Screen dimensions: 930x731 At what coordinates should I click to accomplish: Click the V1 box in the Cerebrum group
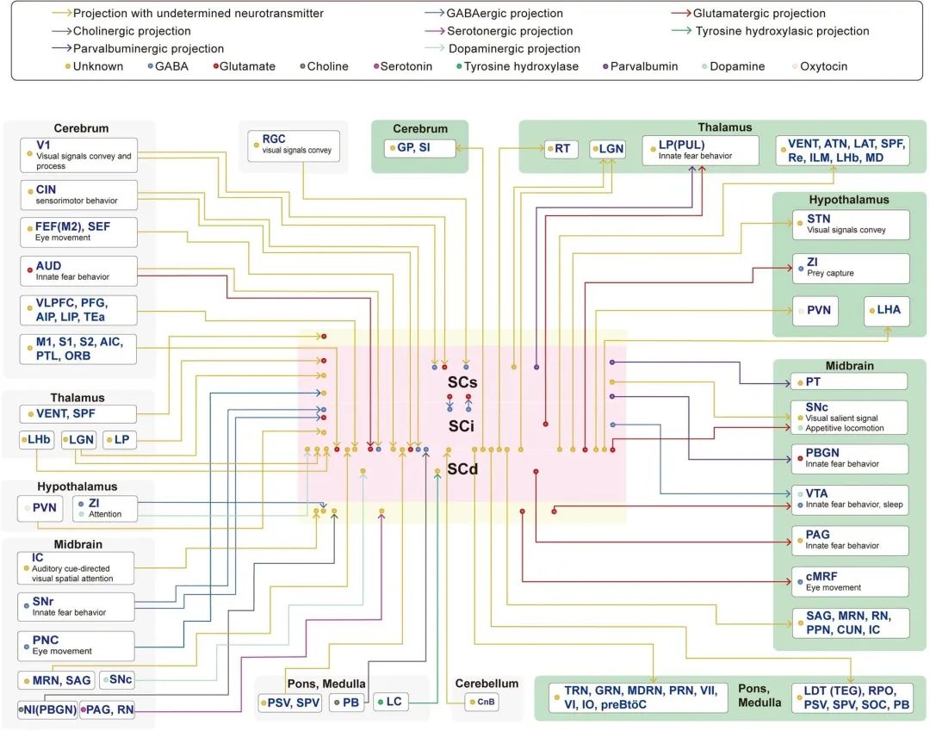coord(79,155)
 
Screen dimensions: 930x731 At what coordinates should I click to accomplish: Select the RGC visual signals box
coord(294,146)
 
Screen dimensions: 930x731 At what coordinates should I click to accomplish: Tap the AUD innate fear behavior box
coord(79,271)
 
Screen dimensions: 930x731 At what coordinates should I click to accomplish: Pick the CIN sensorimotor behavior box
coord(79,195)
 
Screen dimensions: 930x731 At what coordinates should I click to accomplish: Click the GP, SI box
coord(420,147)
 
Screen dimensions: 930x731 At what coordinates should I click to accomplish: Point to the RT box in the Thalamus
coord(561,149)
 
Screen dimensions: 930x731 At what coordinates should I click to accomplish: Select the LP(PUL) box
coord(700,150)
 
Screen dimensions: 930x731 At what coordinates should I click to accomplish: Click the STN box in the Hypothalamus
coord(851,225)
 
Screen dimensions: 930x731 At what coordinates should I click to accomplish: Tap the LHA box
coord(887,311)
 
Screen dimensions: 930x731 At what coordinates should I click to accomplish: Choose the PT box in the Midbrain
coord(849,381)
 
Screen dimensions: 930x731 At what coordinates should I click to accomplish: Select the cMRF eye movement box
coord(851,581)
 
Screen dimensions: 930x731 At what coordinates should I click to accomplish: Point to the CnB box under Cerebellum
coord(481,702)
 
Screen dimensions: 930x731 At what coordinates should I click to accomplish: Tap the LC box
coord(391,702)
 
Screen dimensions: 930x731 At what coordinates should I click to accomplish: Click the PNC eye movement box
coord(77,646)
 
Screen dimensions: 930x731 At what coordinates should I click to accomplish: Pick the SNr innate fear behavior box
coord(77,607)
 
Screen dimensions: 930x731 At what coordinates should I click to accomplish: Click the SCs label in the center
coord(462,382)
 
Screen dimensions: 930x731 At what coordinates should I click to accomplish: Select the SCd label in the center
coord(462,469)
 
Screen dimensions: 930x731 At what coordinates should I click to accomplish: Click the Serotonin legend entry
coord(403,66)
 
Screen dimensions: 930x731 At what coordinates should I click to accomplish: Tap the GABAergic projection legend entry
coord(494,13)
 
